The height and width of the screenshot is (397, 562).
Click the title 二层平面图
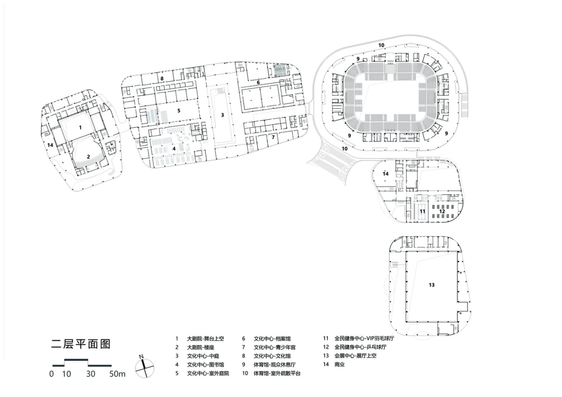click(x=81, y=344)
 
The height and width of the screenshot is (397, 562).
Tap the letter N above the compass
click(x=141, y=357)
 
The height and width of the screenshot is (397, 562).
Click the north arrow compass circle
click(x=145, y=368)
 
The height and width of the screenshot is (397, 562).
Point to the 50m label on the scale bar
click(x=117, y=374)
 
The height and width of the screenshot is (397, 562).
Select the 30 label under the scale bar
click(x=90, y=374)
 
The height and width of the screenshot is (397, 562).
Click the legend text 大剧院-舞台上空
click(x=205, y=338)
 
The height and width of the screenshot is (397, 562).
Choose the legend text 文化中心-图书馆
click(x=205, y=364)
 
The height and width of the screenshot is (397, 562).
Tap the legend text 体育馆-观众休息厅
click(x=274, y=364)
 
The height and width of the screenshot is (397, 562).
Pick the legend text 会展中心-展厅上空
click(x=355, y=356)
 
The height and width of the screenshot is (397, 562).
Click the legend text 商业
click(x=340, y=364)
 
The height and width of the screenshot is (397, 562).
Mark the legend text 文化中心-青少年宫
click(x=274, y=347)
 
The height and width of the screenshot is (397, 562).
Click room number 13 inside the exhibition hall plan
click(x=431, y=285)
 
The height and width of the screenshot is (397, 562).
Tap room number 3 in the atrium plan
click(x=222, y=115)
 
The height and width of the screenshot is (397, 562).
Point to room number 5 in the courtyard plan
click(x=178, y=111)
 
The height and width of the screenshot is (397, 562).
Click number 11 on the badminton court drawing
click(x=422, y=211)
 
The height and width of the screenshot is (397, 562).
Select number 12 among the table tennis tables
click(x=442, y=211)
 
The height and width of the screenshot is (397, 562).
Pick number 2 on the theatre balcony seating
click(x=89, y=157)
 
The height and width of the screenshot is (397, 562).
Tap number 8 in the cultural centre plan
click(x=162, y=79)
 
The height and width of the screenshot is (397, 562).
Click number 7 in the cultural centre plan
click(x=273, y=137)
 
